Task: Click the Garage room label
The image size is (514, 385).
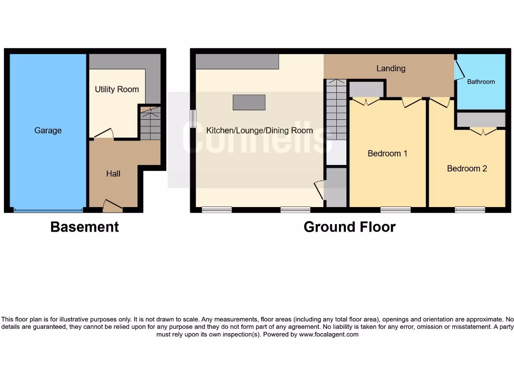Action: point(48,130)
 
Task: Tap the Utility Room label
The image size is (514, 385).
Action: point(116,89)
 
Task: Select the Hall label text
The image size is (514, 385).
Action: point(113,173)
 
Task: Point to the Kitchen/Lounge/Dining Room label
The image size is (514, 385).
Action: point(260,130)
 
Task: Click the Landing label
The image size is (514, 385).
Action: point(391,68)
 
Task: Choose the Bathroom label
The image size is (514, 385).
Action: point(481,82)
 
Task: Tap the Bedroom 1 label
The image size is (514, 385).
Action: point(388,153)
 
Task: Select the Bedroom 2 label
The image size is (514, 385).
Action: point(467,168)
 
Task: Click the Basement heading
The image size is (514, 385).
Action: point(84,227)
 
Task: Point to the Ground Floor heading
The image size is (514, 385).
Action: point(349,227)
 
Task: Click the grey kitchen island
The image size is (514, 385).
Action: point(249,102)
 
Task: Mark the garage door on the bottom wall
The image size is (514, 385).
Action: point(48,210)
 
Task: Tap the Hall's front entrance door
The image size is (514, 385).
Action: point(112,205)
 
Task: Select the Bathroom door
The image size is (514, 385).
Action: point(458,71)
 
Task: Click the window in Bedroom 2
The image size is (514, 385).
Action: point(470,210)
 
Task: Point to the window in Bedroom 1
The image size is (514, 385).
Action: point(395,210)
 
